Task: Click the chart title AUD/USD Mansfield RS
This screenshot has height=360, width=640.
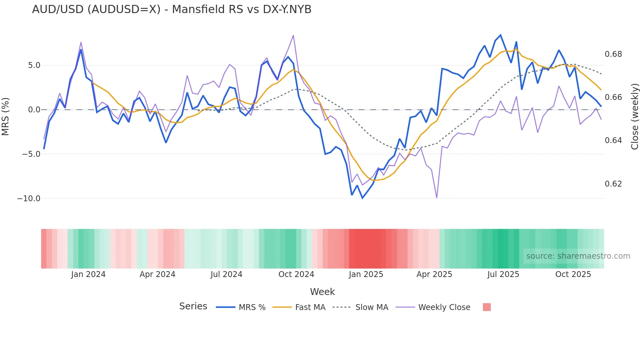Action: coord(171,9)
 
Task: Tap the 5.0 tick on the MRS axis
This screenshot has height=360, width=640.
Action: coord(34,65)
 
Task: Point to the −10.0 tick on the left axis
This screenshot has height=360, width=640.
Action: coord(29,199)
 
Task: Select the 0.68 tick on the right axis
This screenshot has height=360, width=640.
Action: coord(613,54)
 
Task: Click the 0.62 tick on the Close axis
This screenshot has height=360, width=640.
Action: coord(613,184)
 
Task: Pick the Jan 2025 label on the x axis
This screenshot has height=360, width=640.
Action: coord(366,274)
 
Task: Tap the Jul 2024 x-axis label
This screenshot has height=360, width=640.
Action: coord(226,274)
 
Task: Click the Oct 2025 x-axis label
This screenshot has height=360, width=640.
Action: coord(573,274)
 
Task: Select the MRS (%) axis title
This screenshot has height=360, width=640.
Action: coord(6,116)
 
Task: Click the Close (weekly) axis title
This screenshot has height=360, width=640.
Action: coord(634,117)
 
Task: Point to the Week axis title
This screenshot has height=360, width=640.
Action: coord(322,292)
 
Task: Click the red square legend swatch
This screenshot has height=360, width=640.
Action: coord(487,307)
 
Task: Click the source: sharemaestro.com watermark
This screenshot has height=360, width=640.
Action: coord(578,256)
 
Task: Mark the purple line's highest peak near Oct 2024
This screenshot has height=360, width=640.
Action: coord(293,35)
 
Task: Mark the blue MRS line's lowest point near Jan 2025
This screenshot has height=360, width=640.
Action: coord(362,198)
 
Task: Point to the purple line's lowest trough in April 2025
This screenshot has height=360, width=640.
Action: coord(437,197)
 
